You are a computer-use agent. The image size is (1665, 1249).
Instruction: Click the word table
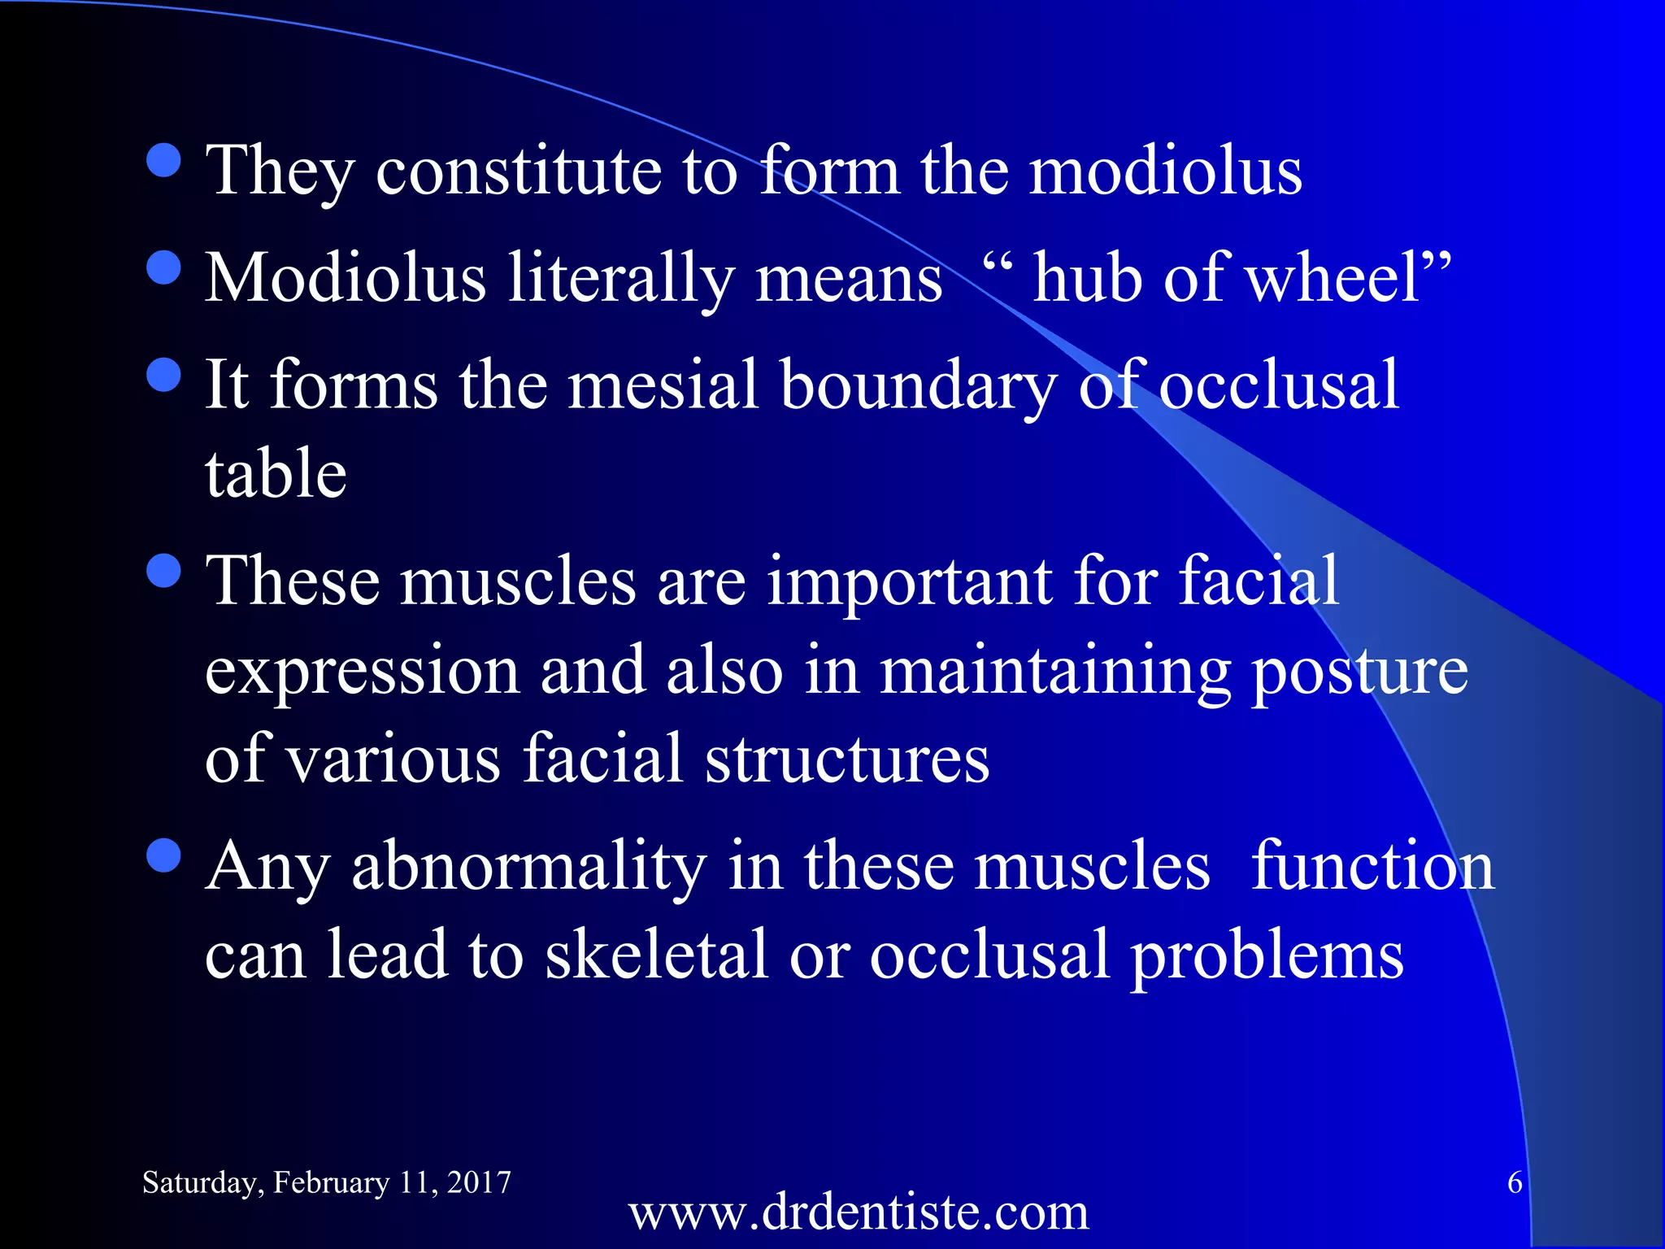coord(276,473)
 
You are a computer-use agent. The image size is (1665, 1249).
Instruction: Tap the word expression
coord(363,672)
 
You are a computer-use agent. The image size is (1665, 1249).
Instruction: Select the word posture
coord(1359,672)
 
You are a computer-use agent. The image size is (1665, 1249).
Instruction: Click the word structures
coord(846,759)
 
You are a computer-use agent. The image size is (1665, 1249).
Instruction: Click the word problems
coord(1267,956)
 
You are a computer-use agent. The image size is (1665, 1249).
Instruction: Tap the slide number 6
coord(1515,1182)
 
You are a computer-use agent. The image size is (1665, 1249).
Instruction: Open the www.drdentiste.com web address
coord(858,1212)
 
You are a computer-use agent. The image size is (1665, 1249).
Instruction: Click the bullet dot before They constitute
coord(164,160)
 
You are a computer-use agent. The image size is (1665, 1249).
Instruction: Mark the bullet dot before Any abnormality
coord(164,855)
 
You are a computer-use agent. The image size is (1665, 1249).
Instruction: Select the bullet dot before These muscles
coord(164,571)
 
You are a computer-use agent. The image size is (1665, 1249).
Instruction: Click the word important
coord(909,582)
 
